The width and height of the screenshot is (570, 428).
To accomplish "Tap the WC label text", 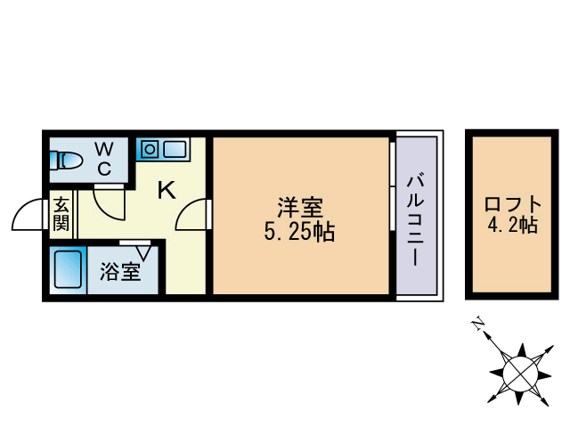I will (x=104, y=156).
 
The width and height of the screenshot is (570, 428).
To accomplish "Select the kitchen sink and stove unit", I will (x=162, y=148).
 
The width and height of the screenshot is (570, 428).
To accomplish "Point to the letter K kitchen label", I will (x=167, y=189).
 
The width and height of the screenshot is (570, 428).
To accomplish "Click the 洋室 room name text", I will (x=298, y=209).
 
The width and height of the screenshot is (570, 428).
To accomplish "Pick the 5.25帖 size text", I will (x=298, y=233).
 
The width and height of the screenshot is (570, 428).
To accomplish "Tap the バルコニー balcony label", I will (x=415, y=218).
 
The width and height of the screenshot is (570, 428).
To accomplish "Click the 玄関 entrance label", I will (x=61, y=213).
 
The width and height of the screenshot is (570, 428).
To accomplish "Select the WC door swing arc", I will (x=110, y=203).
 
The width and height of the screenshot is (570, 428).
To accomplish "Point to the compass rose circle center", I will (x=518, y=369).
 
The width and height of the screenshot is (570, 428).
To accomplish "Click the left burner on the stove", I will (x=149, y=147).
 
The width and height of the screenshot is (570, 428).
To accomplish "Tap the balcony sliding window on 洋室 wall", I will (x=392, y=186).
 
